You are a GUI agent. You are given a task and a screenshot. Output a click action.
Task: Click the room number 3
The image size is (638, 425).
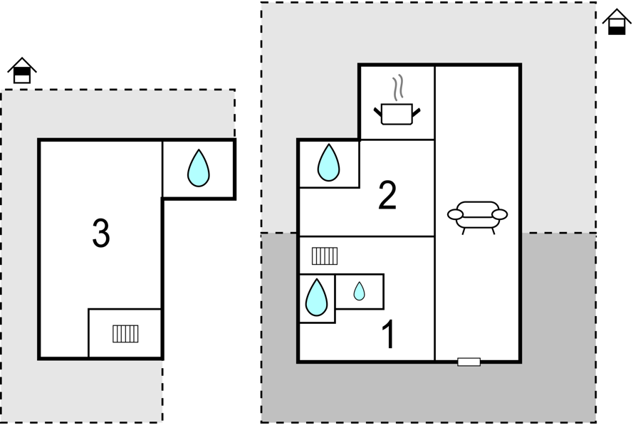click(x=101, y=233)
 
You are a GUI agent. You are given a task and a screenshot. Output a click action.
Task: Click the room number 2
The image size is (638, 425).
click(x=387, y=196)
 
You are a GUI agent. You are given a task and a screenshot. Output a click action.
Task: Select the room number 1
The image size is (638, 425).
click(x=389, y=334)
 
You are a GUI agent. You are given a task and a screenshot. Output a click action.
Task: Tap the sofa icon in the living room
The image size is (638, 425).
click(x=477, y=216)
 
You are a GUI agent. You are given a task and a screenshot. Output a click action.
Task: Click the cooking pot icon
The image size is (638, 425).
click(x=397, y=114)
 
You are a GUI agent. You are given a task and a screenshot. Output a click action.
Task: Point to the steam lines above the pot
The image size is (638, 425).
click(x=397, y=87)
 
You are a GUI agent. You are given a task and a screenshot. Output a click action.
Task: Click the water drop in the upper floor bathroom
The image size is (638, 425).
click(x=199, y=168)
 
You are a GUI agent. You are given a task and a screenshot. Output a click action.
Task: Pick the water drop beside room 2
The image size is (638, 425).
click(x=328, y=163)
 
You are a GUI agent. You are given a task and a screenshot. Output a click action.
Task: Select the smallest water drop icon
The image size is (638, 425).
click(x=360, y=291)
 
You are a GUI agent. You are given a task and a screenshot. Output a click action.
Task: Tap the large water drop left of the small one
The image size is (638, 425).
click(x=316, y=298)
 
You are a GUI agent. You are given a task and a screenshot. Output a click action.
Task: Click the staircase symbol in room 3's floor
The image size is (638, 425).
click(x=125, y=334)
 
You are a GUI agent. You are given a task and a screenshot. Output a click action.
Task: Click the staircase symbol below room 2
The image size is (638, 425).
click(x=325, y=256)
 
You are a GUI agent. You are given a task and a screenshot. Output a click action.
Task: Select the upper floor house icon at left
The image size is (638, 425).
click(x=22, y=70)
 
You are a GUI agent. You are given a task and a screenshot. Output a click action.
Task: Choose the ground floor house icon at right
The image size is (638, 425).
click(x=617, y=22)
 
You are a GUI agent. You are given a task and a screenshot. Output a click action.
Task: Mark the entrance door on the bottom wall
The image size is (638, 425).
click(x=469, y=362)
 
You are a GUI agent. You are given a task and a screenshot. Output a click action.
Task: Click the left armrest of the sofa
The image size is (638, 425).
click(x=455, y=214)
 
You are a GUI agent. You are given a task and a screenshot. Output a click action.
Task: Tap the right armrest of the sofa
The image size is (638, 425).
click(x=500, y=214)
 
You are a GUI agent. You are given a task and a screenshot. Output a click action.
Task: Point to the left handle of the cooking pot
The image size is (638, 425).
click(x=378, y=111)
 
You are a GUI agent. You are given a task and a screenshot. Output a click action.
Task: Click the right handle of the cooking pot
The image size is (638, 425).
click(x=417, y=111)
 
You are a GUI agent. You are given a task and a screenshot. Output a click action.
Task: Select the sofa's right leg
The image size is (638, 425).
click(x=493, y=231)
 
